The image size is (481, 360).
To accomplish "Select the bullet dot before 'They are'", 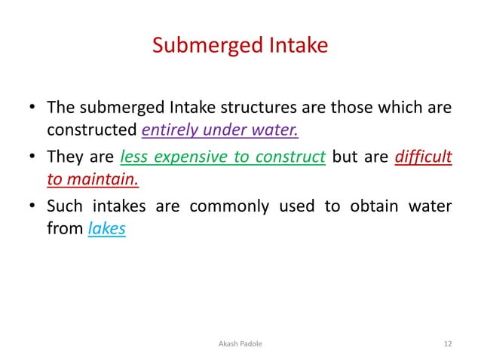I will [x=32, y=158].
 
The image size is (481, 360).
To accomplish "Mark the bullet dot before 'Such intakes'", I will [x=32, y=207].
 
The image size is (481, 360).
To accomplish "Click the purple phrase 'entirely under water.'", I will [x=220, y=131].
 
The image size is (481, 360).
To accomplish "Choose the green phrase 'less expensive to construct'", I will [x=222, y=157].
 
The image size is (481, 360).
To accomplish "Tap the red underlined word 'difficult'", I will [x=423, y=157].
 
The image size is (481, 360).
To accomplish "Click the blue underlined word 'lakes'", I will [x=106, y=229].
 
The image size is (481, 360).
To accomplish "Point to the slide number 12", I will [x=448, y=343].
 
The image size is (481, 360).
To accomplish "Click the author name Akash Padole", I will [x=240, y=343].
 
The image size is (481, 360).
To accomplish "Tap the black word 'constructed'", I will [x=92, y=131].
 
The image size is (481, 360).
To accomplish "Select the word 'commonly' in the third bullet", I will [x=225, y=206].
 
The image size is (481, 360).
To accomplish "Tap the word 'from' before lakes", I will [x=64, y=229].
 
